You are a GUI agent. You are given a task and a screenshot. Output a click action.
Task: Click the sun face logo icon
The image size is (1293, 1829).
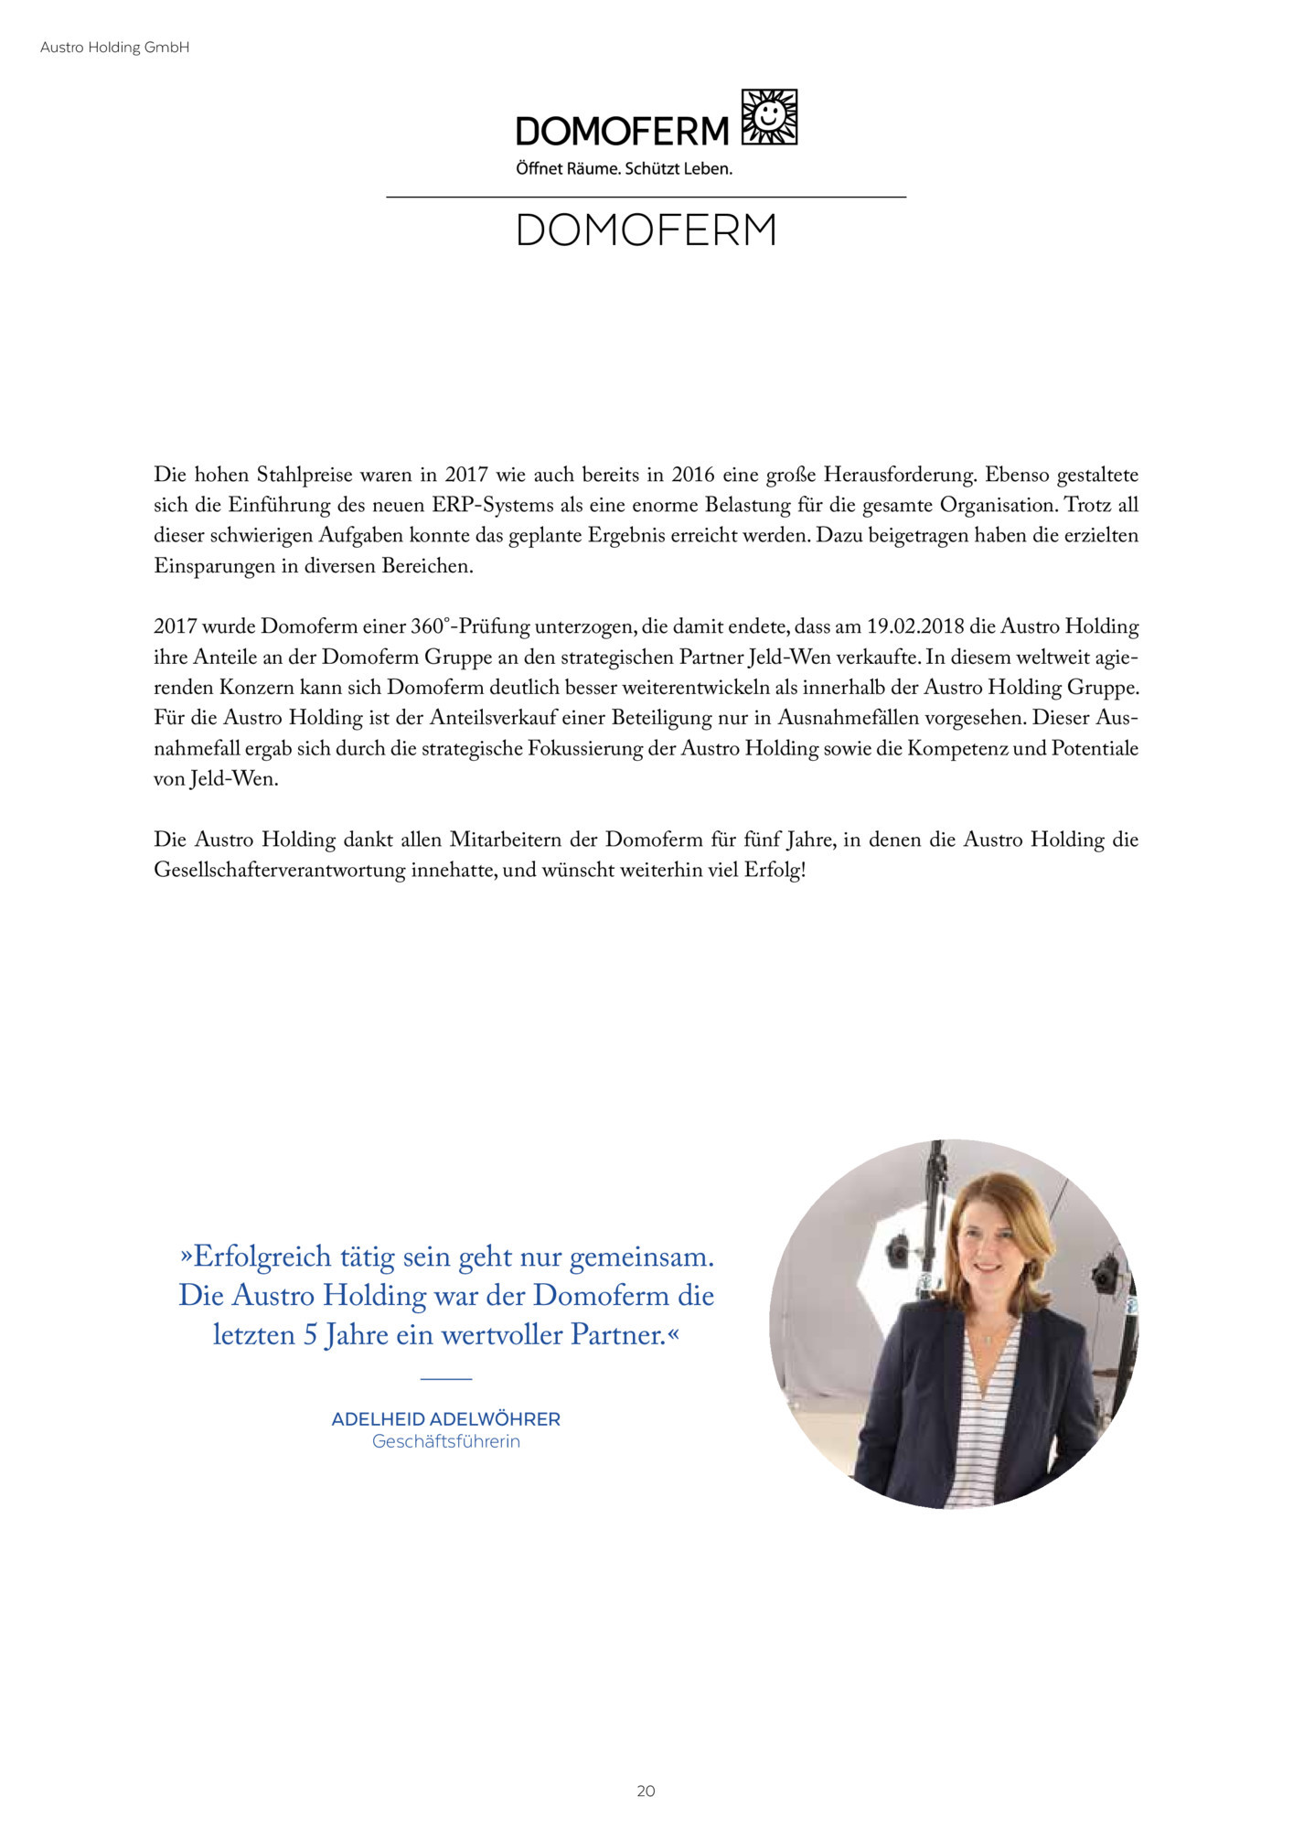pyautogui.click(x=769, y=116)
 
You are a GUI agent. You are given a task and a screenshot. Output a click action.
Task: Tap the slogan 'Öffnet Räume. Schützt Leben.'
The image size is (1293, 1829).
pyautogui.click(x=624, y=169)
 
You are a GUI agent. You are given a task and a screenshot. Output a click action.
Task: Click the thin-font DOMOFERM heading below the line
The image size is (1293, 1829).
pyautogui.click(x=646, y=230)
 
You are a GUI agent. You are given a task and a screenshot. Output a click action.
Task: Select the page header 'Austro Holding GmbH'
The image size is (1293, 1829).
pyautogui.click(x=115, y=48)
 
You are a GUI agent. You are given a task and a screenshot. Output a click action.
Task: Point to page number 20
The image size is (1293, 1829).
pyautogui.click(x=646, y=1791)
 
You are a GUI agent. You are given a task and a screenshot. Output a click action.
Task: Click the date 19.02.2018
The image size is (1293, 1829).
pyautogui.click(x=915, y=627)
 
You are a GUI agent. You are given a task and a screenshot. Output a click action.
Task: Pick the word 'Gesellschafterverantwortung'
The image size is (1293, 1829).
pyautogui.click(x=279, y=870)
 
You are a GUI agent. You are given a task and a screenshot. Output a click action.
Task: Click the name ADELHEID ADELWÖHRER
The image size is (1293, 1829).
pyautogui.click(x=445, y=1419)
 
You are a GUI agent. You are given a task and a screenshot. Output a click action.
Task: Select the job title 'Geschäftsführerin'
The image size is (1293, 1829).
pyautogui.click(x=445, y=1441)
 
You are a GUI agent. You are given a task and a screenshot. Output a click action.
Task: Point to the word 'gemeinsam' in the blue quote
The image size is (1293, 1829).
pyautogui.click(x=641, y=1257)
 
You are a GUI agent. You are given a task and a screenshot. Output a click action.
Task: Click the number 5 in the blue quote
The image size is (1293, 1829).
pyautogui.click(x=310, y=1336)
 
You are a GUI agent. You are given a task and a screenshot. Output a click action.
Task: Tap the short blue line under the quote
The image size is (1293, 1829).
pyautogui.click(x=446, y=1378)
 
